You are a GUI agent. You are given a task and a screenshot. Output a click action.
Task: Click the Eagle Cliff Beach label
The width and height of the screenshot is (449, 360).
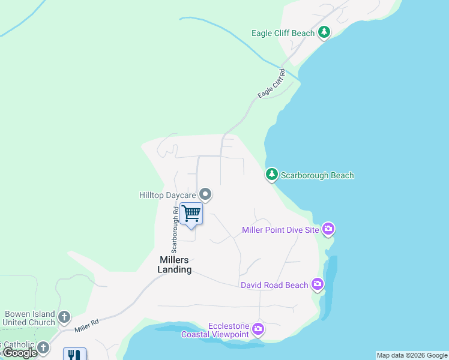click(x=286, y=33)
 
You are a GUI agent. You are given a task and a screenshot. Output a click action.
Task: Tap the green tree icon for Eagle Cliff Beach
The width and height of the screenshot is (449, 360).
click(x=324, y=32)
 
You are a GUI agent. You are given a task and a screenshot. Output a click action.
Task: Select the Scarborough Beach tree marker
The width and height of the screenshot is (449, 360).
click(x=272, y=175)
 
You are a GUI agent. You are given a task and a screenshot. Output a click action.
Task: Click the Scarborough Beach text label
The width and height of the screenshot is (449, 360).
click(x=318, y=176)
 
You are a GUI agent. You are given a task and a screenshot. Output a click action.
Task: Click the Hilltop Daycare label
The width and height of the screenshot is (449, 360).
click(x=167, y=195)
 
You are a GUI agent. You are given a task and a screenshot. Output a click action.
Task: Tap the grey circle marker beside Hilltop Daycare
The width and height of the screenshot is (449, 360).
click(x=205, y=194)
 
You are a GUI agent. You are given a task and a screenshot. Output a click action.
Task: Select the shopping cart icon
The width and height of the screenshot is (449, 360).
click(x=191, y=213)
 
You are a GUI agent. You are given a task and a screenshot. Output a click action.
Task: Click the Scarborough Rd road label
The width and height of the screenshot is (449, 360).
click(x=175, y=229)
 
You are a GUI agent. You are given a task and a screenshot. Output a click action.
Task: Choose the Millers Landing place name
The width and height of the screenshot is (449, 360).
click(x=175, y=265)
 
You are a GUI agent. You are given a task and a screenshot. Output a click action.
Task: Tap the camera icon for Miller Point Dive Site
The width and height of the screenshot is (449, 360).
click(x=328, y=229)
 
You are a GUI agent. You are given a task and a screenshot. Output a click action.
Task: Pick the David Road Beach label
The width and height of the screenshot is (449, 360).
click(x=274, y=285)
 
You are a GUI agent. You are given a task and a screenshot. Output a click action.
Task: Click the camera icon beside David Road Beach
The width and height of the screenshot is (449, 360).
click(x=318, y=284)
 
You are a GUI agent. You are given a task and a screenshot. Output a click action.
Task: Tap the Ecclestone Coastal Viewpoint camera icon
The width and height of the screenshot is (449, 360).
click(x=258, y=328)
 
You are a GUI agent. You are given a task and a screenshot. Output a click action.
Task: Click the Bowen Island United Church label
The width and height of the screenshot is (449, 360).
click(x=29, y=318)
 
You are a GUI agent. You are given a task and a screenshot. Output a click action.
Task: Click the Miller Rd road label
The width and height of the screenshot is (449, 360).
click(x=87, y=326)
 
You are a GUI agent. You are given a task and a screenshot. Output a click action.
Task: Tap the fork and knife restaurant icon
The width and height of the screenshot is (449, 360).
click(x=74, y=355)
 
